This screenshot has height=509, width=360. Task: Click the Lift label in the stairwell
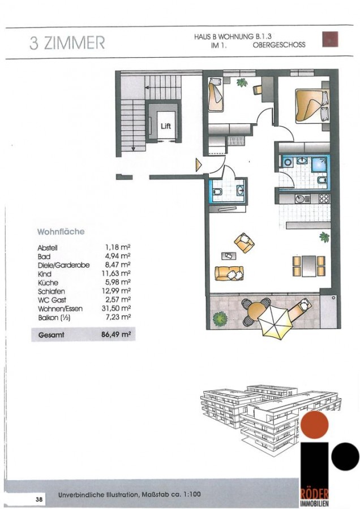pyautogui.click(x=166, y=126)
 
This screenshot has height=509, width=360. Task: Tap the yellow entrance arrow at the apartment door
pyautogui.click(x=198, y=165)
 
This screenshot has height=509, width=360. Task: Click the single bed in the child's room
pyautogui.click(x=216, y=94)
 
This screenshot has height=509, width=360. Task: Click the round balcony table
pyautogui.click(x=256, y=312)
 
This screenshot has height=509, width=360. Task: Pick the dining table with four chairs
pyautogui.click(x=308, y=266)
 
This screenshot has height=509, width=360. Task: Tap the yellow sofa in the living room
pyautogui.click(x=229, y=273)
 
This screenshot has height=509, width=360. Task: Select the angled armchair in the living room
pyautogui.click(x=245, y=242)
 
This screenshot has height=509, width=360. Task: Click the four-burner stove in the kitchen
pyautogui.click(x=324, y=199)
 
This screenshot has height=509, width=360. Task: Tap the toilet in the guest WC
pyautogui.click(x=217, y=192)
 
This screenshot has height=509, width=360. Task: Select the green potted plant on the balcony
pyautogui.click(x=220, y=319)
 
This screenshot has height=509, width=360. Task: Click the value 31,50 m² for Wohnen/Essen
pyautogui.click(x=116, y=308)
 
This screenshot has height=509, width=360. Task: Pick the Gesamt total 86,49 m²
pyautogui.click(x=116, y=334)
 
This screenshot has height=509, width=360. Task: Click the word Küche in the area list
pyautogui.click(x=48, y=282)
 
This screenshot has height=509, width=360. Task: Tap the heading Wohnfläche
pyautogui.click(x=61, y=231)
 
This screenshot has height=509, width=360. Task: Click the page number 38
pyautogui.click(x=39, y=499)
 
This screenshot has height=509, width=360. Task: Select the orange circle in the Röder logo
pyautogui.click(x=315, y=425)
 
